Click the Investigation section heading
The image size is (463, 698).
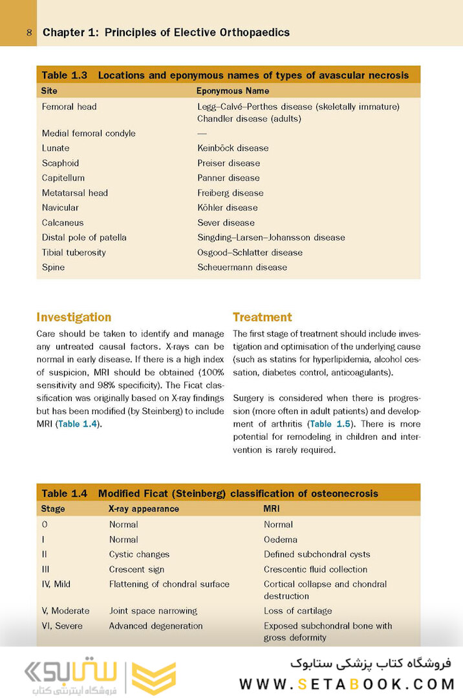(74, 317)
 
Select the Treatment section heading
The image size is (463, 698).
(262, 317)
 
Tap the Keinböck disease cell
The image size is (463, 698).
(233, 148)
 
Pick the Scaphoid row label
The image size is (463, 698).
(60, 163)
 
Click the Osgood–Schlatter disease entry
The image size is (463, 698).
(250, 252)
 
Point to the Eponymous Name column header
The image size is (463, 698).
(233, 91)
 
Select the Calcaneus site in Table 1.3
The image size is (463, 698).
(63, 223)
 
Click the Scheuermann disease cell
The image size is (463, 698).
(242, 267)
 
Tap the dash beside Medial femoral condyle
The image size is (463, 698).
(202, 133)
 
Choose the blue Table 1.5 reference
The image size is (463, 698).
(330, 424)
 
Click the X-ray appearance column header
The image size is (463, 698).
(144, 509)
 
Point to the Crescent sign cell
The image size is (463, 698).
(136, 569)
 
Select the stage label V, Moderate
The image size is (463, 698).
(65, 611)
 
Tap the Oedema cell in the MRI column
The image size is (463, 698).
(281, 540)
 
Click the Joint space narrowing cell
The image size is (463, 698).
(153, 611)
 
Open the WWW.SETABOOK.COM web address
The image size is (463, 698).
(347, 684)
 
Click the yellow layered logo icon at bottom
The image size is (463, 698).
(153, 677)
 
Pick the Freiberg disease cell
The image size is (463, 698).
(230, 193)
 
